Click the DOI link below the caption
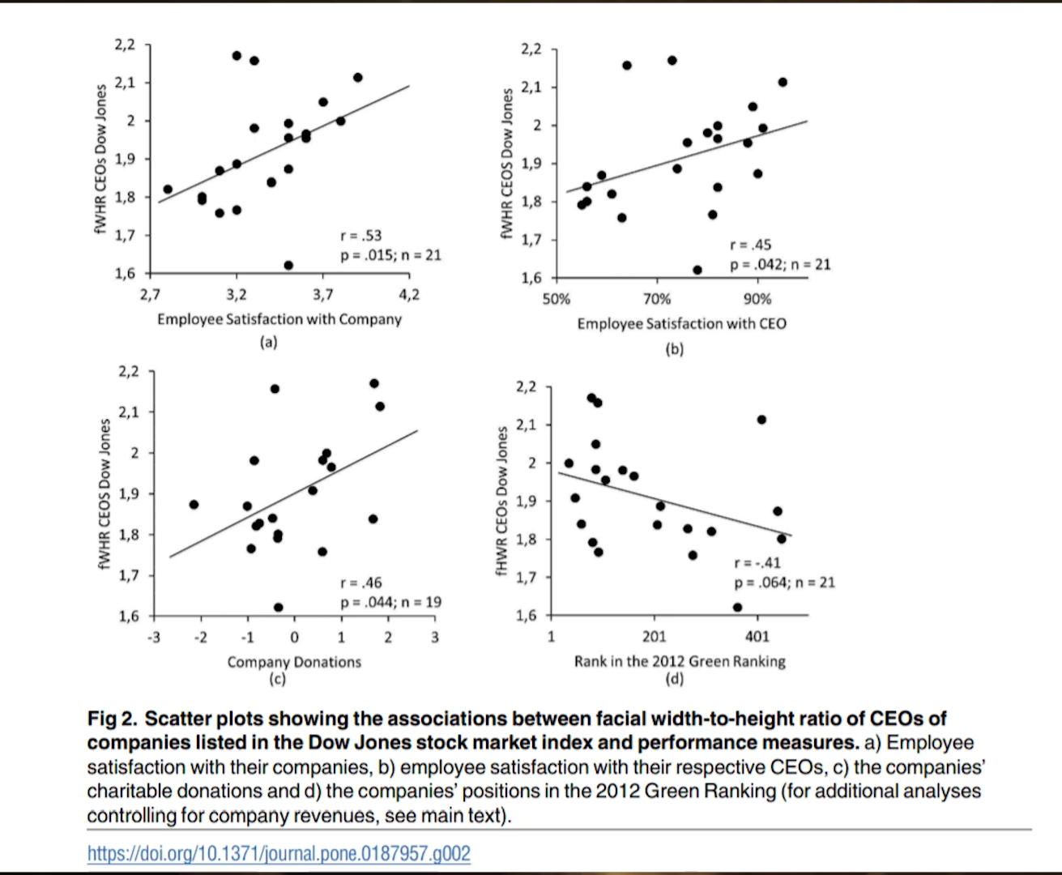click(x=279, y=852)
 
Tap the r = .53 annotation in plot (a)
click(x=360, y=236)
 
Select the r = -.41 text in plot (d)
click(x=757, y=562)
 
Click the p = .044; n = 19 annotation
click(x=390, y=602)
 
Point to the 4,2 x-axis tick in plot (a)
click(x=409, y=295)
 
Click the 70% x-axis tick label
click(x=657, y=299)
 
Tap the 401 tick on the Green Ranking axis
click(x=757, y=636)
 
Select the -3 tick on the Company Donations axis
click(x=153, y=638)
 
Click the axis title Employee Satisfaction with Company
click(x=279, y=319)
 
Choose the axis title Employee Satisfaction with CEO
click(x=681, y=323)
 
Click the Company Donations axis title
click(x=294, y=662)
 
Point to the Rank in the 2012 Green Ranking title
click(x=680, y=661)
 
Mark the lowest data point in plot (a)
click(x=288, y=265)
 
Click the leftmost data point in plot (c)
click(x=194, y=505)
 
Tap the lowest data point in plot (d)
click(x=737, y=607)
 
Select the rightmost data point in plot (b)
click(x=783, y=83)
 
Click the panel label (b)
click(x=675, y=349)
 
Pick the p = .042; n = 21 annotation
click(x=781, y=265)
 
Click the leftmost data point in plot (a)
click(x=168, y=190)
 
